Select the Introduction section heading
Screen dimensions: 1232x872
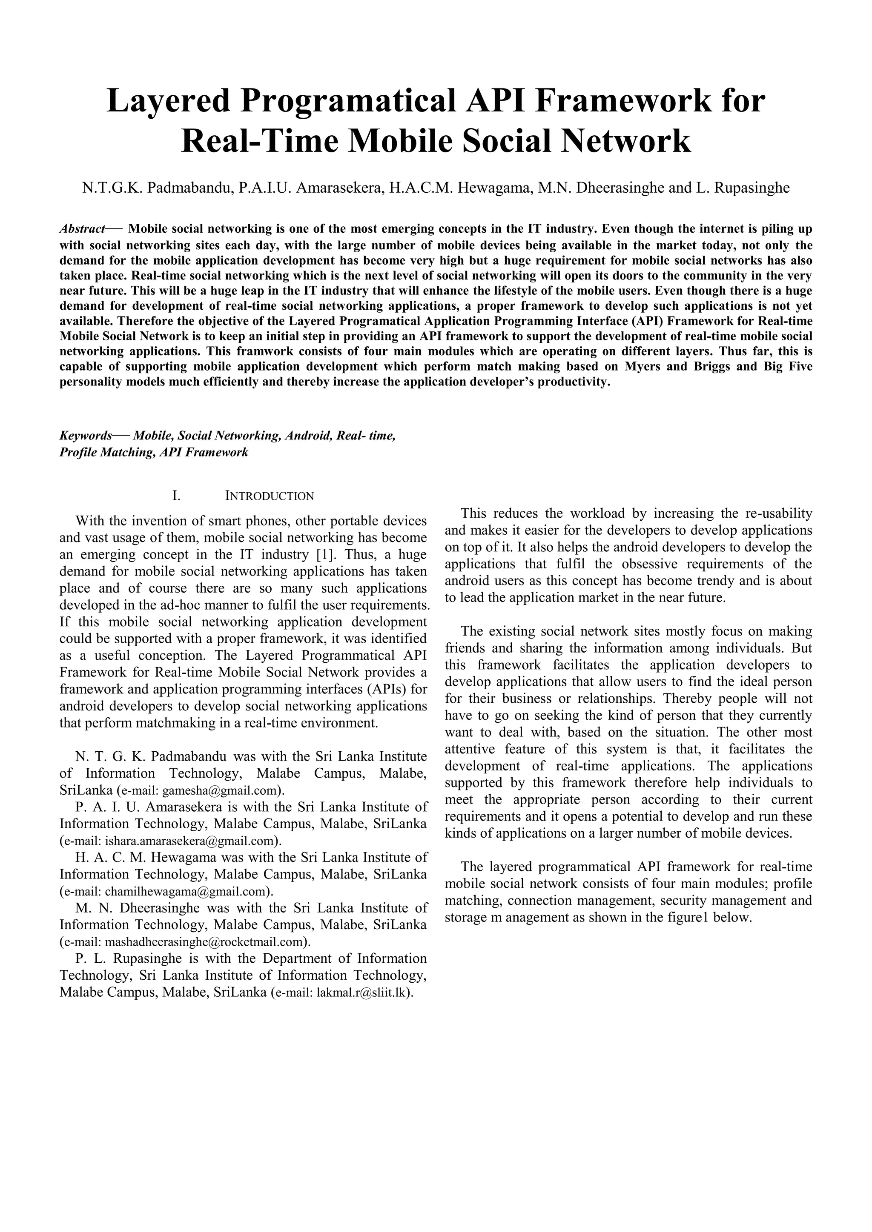pos(269,496)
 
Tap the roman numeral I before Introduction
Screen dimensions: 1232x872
pos(175,496)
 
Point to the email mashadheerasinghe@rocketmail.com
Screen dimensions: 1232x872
pos(204,942)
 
